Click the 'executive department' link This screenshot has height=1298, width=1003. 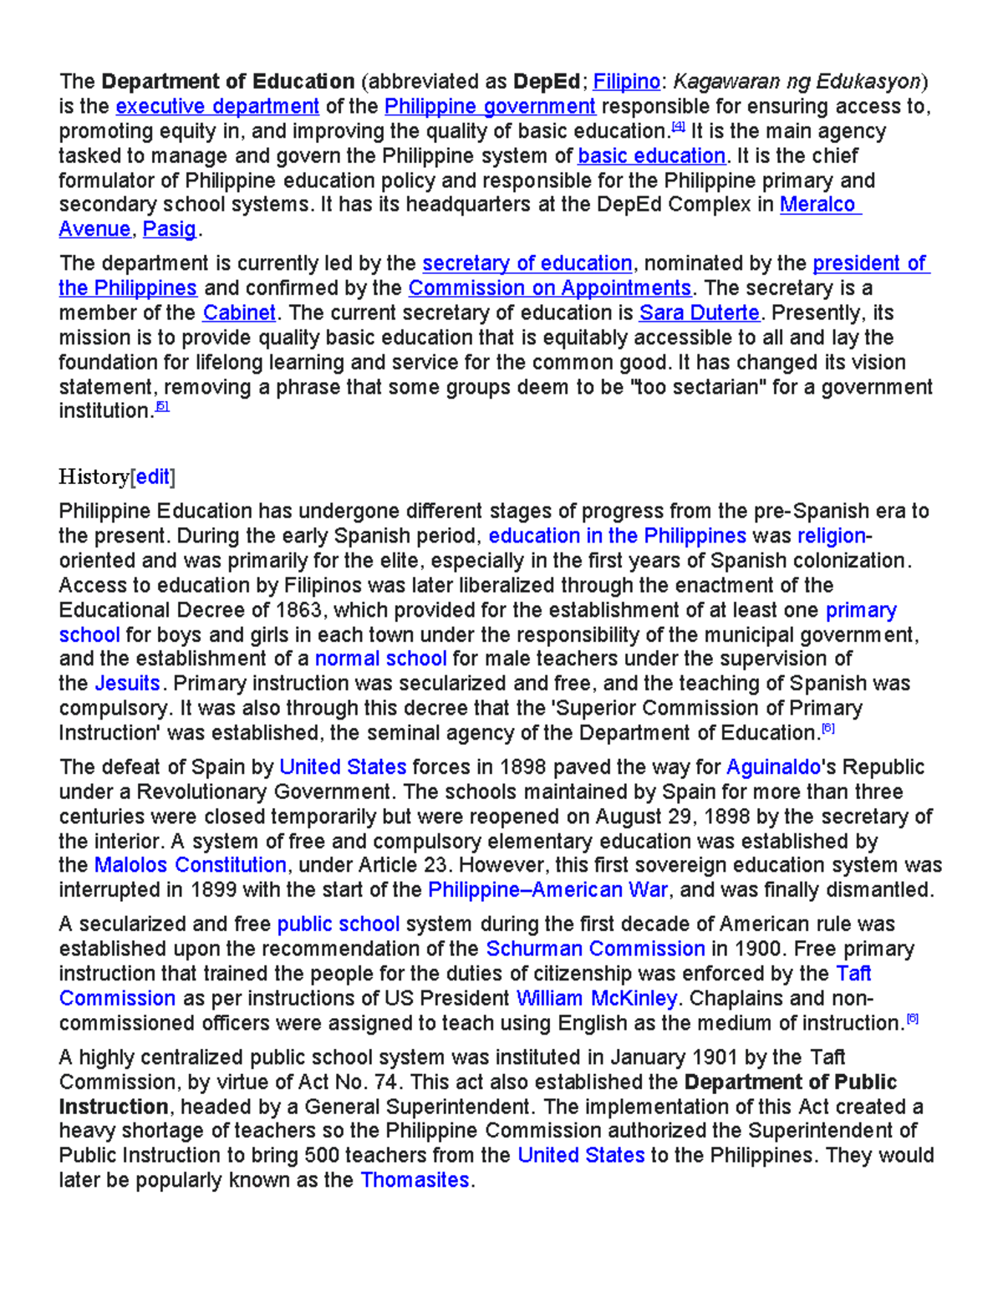[x=217, y=107]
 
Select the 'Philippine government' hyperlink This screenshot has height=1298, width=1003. [x=490, y=107]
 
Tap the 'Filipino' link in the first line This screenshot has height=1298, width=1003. [x=626, y=82]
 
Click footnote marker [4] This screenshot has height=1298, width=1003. [x=678, y=128]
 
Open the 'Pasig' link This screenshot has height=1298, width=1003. [x=170, y=230]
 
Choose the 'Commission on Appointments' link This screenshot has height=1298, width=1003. [x=550, y=288]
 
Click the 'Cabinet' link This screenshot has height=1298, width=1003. [x=239, y=313]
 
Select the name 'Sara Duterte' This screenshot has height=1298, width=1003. [x=700, y=313]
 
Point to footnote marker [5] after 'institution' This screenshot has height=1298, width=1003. [x=162, y=407]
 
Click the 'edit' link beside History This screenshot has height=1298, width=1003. [x=153, y=477]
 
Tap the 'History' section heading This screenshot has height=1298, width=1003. [x=94, y=477]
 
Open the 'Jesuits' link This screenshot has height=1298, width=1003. [x=127, y=684]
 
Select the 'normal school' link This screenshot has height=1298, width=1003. [x=380, y=659]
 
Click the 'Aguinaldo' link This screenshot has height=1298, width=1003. [x=773, y=767]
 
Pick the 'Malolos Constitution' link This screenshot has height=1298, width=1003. [x=191, y=865]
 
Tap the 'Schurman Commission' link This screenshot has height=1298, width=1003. [x=595, y=949]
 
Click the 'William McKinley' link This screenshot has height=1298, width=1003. [x=596, y=999]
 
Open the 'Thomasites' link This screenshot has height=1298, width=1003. [x=415, y=1180]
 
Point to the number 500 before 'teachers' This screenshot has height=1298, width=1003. [x=322, y=1156]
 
